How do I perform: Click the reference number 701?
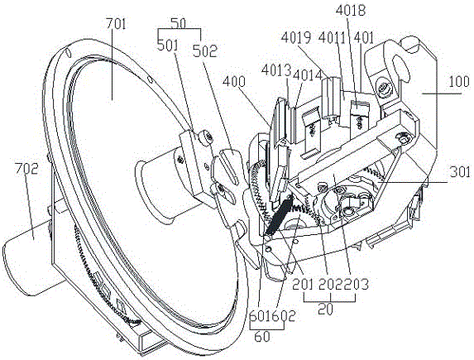pos(116,24)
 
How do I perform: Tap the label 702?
pos(27,169)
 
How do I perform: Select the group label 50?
pos(179,23)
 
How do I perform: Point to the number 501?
pos(168,46)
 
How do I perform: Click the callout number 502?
pos(204,50)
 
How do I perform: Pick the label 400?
pos(234,81)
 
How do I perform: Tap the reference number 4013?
pos(276,70)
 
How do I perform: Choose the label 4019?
pos(296,38)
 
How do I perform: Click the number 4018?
pos(351,10)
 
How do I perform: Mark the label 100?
pos(459,82)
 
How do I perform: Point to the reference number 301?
pos(460,172)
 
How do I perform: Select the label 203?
pos(357,285)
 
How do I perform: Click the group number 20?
pos(326,309)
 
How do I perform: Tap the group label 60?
pos(261,336)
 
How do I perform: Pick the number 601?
pos(261,316)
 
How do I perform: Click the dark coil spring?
pos(279,215)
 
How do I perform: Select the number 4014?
pos(307,75)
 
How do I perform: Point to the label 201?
pos(302,285)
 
